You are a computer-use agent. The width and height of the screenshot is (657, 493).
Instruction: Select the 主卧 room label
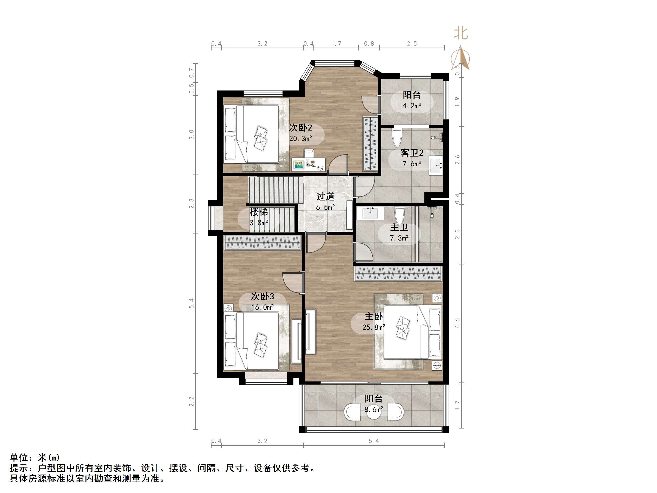click(374, 316)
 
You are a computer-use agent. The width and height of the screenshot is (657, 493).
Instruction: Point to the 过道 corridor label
click(325, 196)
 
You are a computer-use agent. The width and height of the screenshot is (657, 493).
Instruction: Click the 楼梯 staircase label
click(259, 212)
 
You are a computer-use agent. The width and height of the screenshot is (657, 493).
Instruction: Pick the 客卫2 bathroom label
click(412, 153)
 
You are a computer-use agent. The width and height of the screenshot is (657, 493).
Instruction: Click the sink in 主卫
click(370, 213)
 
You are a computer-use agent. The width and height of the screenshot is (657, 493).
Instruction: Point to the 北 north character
click(461, 33)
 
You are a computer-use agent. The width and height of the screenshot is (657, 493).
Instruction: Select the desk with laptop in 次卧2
click(309, 164)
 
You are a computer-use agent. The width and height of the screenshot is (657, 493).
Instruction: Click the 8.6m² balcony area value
click(374, 410)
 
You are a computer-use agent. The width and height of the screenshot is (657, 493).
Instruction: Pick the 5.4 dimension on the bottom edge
click(374, 441)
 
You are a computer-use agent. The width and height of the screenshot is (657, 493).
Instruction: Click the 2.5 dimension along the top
click(412, 44)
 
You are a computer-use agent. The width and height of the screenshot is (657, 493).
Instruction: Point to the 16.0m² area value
click(262, 307)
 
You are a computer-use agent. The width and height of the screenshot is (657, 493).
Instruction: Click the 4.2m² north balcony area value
click(412, 106)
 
